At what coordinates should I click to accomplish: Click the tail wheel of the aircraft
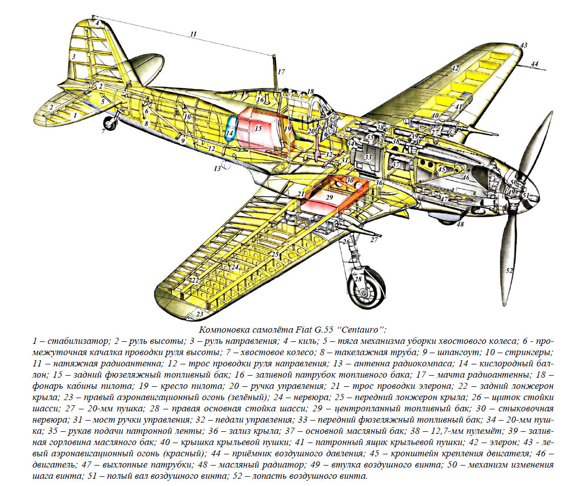pyautogui.click(x=111, y=124)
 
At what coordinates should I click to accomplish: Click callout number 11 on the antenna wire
pyautogui.click(x=193, y=34)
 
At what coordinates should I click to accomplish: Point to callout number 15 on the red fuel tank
pyautogui.click(x=258, y=128)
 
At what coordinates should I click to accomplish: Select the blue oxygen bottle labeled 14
pyautogui.click(x=231, y=129)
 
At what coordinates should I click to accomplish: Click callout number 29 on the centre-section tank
pyautogui.click(x=330, y=197)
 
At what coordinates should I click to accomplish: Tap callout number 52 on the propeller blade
pyautogui.click(x=510, y=270)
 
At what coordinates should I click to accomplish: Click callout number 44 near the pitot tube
pyautogui.click(x=535, y=64)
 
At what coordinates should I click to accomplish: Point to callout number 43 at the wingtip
pyautogui.click(x=524, y=45)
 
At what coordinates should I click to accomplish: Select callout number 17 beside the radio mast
pyautogui.click(x=281, y=72)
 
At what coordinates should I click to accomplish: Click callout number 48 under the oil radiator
pyautogui.click(x=460, y=224)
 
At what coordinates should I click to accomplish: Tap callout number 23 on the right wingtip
pyautogui.click(x=200, y=314)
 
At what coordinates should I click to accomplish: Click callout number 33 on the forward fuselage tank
pyautogui.click(x=368, y=157)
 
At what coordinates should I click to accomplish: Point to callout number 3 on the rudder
pyautogui.click(x=74, y=57)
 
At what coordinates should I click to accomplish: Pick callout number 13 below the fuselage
pyautogui.click(x=217, y=169)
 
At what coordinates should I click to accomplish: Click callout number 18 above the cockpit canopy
pyautogui.click(x=310, y=91)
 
